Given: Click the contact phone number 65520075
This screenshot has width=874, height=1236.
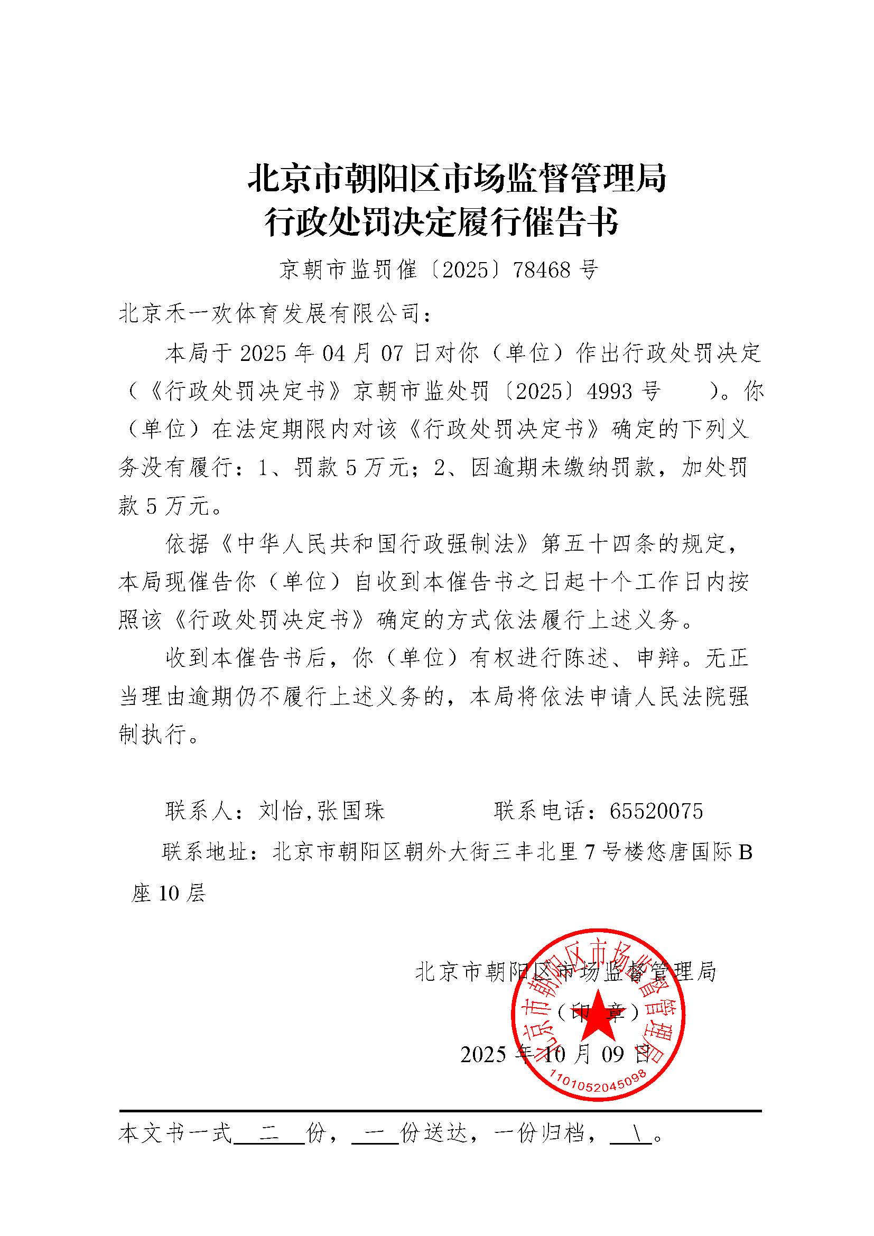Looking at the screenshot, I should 656,811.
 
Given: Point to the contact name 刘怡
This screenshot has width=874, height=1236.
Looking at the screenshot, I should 280,811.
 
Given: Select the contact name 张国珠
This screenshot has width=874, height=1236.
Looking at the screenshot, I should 351,811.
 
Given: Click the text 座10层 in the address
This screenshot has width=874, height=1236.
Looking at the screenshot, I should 169,894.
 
